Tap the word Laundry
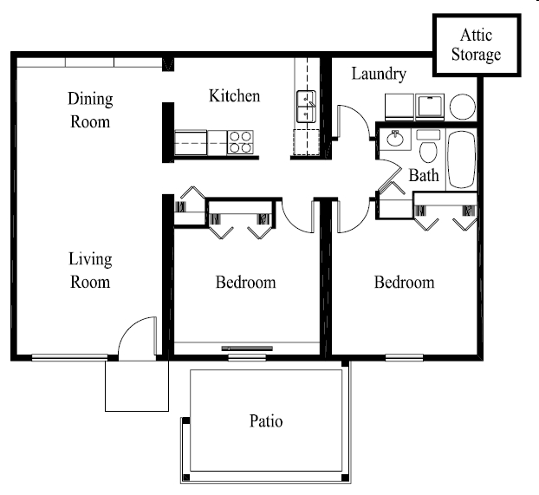(x=379, y=75)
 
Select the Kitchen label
(x=234, y=95)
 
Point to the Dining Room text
(x=90, y=110)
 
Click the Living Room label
(x=90, y=270)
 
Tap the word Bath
(x=424, y=176)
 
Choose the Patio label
(x=266, y=422)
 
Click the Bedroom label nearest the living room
(x=245, y=283)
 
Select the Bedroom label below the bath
(x=404, y=283)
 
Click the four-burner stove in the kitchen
(x=240, y=142)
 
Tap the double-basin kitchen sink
(x=308, y=107)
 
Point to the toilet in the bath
(x=427, y=149)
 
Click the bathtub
(x=461, y=160)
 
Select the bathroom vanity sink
(x=395, y=140)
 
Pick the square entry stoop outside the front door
(x=136, y=385)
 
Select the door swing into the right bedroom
(x=351, y=217)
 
